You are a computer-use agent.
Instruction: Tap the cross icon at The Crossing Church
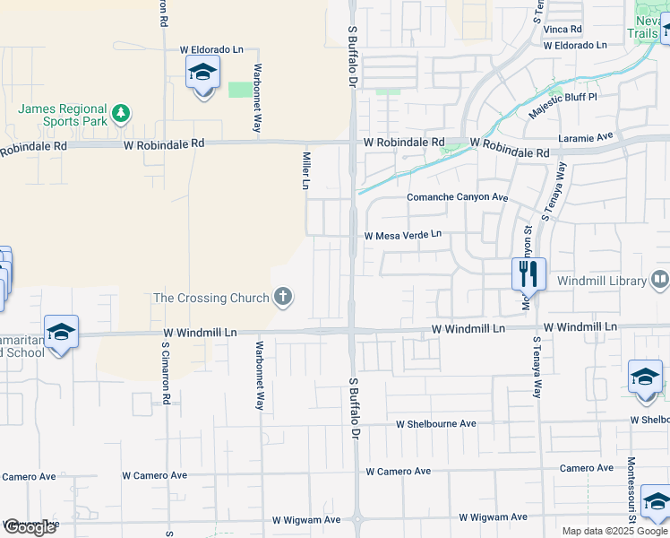click(283, 298)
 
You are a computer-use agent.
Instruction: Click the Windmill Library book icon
click(659, 281)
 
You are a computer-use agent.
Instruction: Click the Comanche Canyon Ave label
click(457, 197)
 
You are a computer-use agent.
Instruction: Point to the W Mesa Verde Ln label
click(402, 235)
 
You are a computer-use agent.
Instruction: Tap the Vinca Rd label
click(563, 29)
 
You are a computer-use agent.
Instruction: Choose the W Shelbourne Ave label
click(437, 423)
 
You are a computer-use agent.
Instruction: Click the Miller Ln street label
click(305, 170)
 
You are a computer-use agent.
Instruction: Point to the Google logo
click(29, 527)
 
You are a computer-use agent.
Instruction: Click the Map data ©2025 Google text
click(614, 531)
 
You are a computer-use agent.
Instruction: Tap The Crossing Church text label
click(211, 298)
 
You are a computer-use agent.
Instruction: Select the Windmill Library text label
click(601, 281)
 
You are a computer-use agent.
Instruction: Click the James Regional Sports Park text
click(64, 115)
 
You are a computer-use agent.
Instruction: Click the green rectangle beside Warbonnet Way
click(240, 89)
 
